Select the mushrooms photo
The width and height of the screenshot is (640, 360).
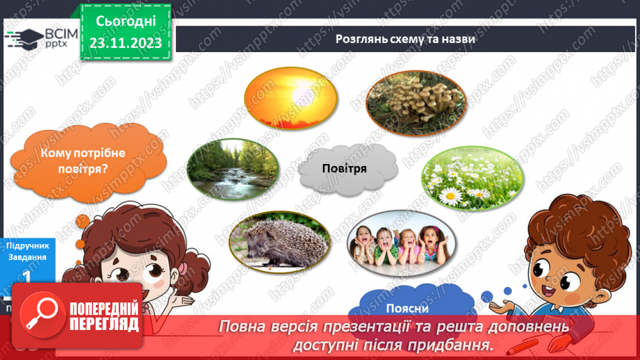click(416, 101)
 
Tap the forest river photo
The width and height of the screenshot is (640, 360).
click(233, 168)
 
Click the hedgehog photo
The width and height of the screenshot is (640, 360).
click(279, 241)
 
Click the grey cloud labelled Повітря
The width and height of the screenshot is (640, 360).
click(344, 169)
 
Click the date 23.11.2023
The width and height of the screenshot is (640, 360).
click(124, 43)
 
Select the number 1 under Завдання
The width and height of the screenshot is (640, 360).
click(26, 276)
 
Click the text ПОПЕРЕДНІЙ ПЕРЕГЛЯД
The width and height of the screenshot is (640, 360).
click(104, 316)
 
